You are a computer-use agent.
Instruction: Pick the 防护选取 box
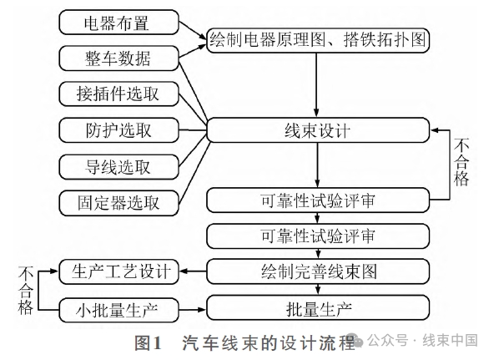(120, 130)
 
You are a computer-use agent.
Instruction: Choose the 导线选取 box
(120, 166)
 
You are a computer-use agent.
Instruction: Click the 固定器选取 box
(120, 202)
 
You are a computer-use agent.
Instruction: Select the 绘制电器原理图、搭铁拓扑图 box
(317, 38)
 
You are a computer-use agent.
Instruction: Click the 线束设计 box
(317, 130)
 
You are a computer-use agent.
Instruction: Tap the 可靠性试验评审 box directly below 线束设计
(317, 200)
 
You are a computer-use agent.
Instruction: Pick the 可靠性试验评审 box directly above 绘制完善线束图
(317, 236)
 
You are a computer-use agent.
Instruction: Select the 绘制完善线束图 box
(317, 271)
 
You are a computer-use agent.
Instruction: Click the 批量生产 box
(317, 308)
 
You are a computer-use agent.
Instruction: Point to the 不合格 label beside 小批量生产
(25, 291)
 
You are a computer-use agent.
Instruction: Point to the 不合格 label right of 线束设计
(461, 163)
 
